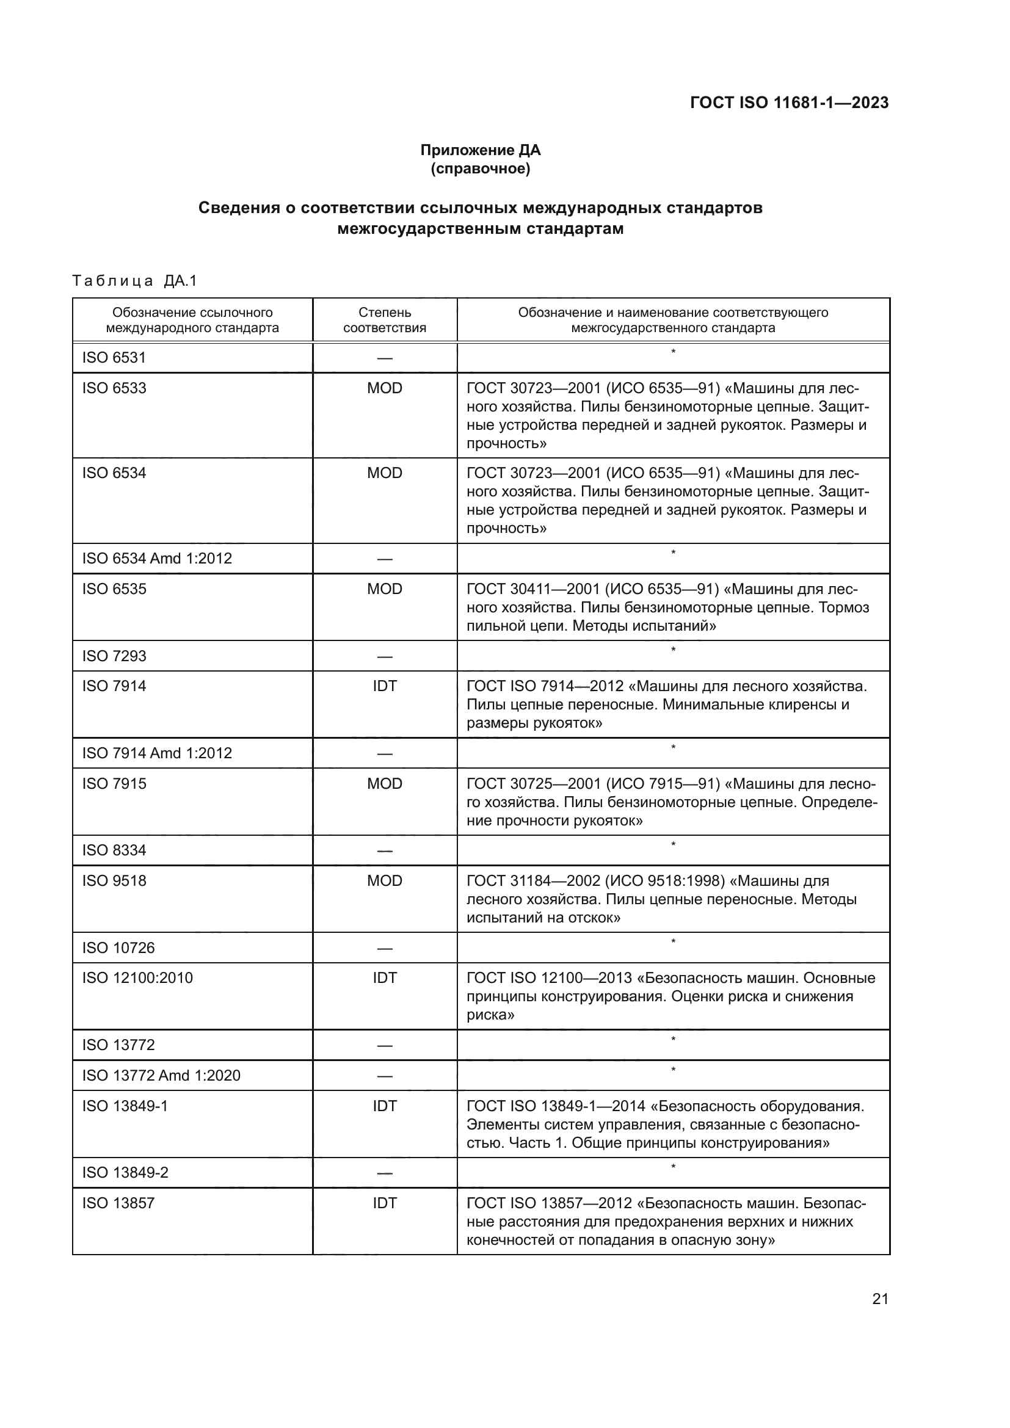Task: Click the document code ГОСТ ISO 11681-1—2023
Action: (x=788, y=103)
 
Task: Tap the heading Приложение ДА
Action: (x=480, y=150)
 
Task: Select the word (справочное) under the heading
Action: (x=480, y=169)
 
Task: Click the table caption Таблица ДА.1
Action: (x=134, y=281)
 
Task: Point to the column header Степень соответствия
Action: (x=384, y=320)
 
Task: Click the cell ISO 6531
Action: (x=114, y=358)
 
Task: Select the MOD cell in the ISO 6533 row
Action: (x=384, y=388)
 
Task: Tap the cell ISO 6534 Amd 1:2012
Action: (x=157, y=559)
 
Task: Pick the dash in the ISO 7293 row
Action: (x=384, y=657)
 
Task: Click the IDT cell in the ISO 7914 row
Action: (x=384, y=686)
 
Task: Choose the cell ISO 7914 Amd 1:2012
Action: (x=157, y=753)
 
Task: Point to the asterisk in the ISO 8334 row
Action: (x=673, y=844)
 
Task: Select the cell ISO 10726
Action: (x=118, y=948)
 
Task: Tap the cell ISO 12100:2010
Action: (x=137, y=977)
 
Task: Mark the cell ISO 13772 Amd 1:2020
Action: (x=161, y=1075)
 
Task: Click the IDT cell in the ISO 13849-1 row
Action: (x=384, y=1106)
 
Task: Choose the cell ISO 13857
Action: (x=118, y=1203)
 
